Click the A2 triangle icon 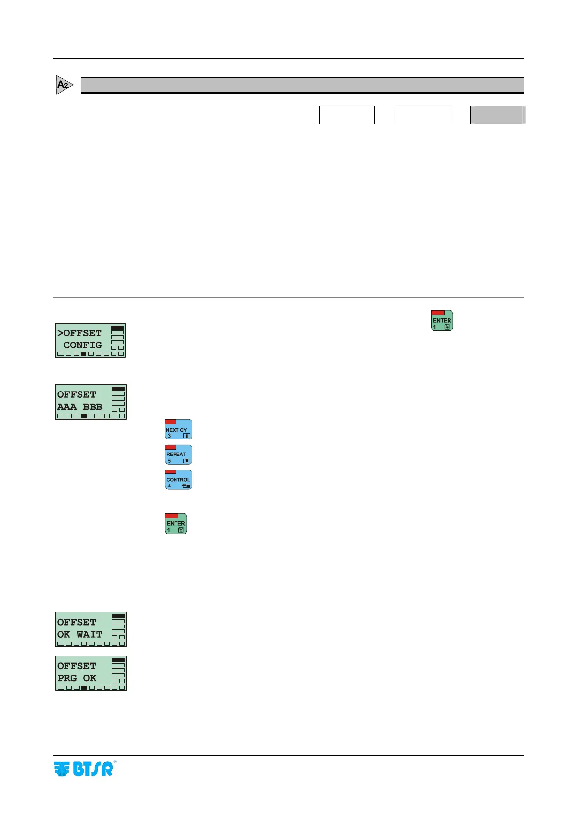pos(64,85)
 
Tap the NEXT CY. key pos(178,429)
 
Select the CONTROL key pos(178,480)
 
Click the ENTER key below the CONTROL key pos(176,524)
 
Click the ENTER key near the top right pos(442,321)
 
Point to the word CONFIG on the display pos(82,345)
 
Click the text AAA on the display pos(67,407)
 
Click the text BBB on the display pos(93,407)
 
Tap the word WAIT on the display pos(90,634)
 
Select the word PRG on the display pos(67,678)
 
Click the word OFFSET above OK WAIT pos(77,622)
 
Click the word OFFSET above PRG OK pos(77,666)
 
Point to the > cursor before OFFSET pos(60,333)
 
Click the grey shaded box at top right pos(497,115)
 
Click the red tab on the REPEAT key pos(170,447)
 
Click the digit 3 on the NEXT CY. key pos(169,436)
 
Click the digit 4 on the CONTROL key pos(169,486)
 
